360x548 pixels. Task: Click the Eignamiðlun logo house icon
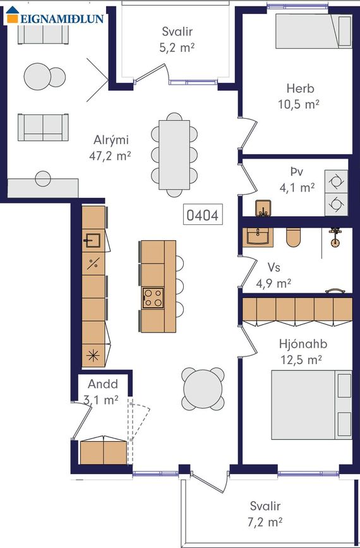pos(13,15)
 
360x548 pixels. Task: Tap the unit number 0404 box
pos(203,214)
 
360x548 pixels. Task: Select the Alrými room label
pos(111,140)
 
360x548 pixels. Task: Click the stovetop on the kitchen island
pos(153,298)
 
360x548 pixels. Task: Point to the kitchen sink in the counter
pos(92,240)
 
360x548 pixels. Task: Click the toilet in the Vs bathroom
pos(293,237)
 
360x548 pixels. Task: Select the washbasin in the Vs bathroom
pos(258,236)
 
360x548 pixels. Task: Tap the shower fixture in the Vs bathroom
pos(335,237)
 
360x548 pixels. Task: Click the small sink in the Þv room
pos(263,208)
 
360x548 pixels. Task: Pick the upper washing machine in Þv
pos(336,181)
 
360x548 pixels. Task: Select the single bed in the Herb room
pos(313,31)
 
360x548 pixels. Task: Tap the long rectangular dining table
pos(174,155)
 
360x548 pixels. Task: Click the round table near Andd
pos(203,389)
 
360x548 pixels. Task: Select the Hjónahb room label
pos(303,344)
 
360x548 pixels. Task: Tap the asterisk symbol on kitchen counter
pos(93,356)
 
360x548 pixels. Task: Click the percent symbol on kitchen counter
pos(93,264)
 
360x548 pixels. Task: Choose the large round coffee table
pos(37,76)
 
